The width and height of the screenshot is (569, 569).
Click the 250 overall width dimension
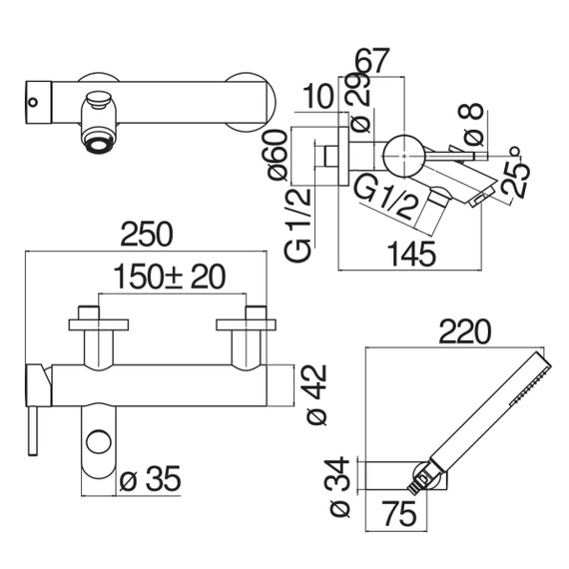[x=147, y=235]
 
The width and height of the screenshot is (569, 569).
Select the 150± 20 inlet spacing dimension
[x=170, y=277]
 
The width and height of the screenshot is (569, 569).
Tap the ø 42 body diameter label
[x=316, y=394]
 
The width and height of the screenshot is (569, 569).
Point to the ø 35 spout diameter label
[x=150, y=478]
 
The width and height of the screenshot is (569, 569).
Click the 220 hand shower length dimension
[x=465, y=331]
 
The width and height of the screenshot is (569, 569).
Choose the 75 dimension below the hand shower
[x=400, y=513]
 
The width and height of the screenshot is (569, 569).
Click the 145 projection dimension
[x=411, y=254]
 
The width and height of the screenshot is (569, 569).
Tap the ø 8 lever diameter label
[x=471, y=124]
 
